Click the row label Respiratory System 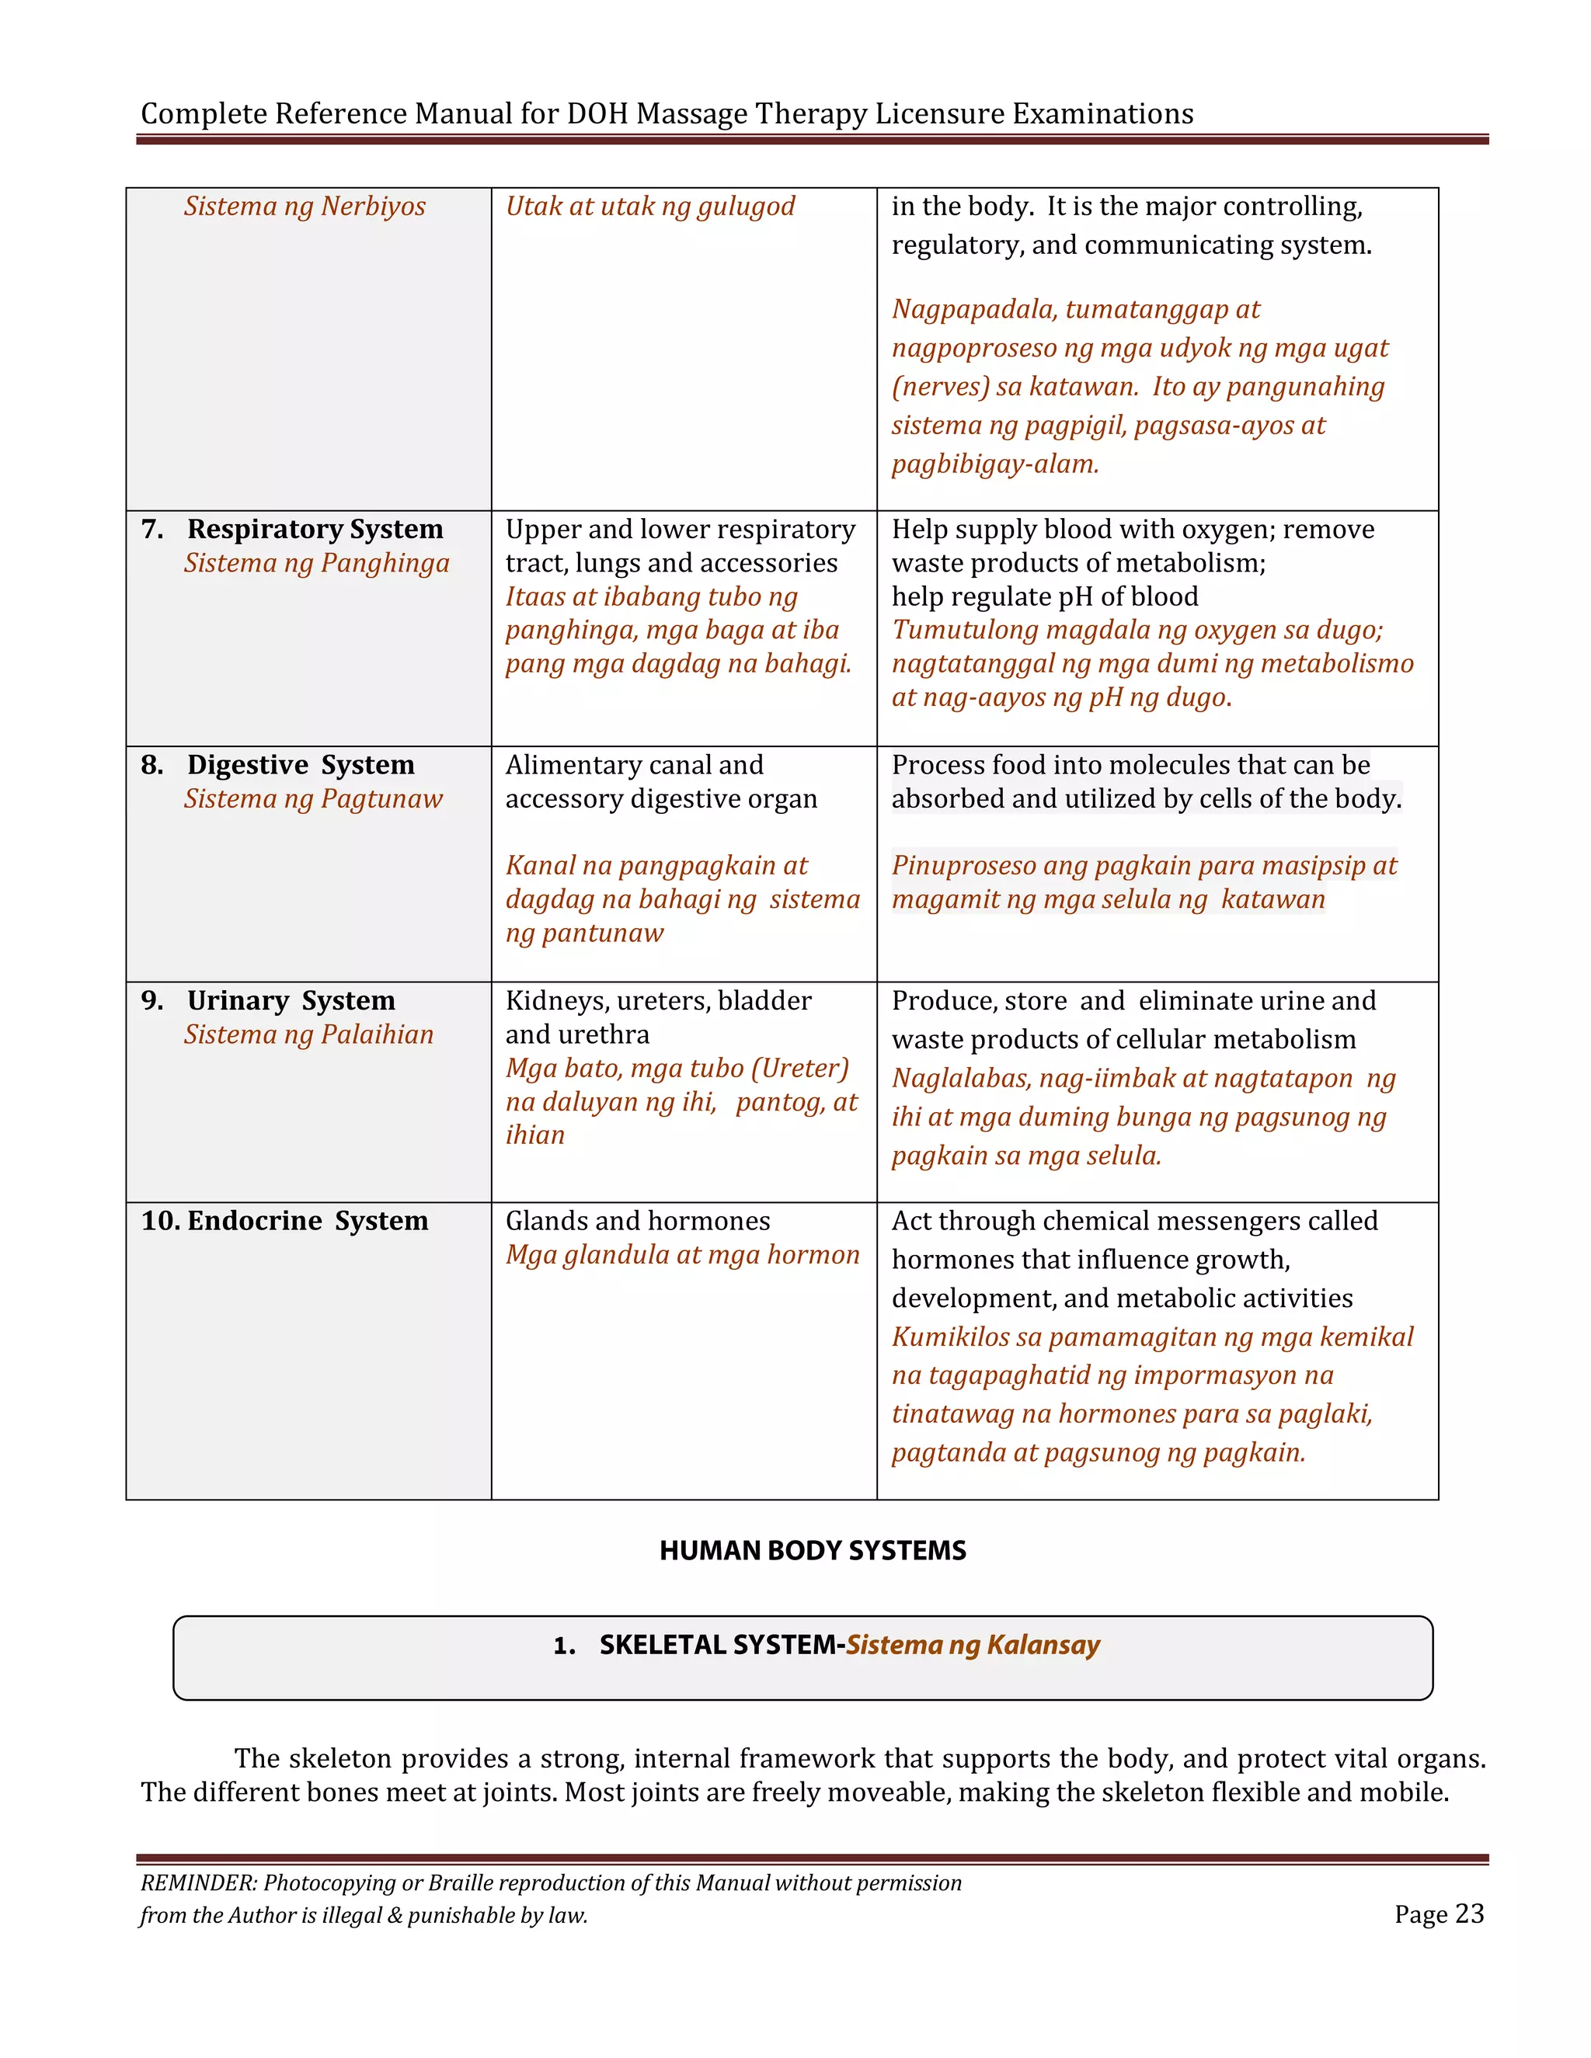click(x=315, y=530)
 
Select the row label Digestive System click(x=301, y=765)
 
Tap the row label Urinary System click(x=291, y=1001)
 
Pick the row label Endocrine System click(x=308, y=1222)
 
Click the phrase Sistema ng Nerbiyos click(x=305, y=207)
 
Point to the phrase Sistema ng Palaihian click(x=308, y=1034)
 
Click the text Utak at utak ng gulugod click(x=649, y=207)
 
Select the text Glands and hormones click(x=637, y=1222)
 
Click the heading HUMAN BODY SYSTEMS click(x=813, y=1551)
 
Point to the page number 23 click(x=1469, y=1914)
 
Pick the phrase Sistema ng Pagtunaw click(x=313, y=799)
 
